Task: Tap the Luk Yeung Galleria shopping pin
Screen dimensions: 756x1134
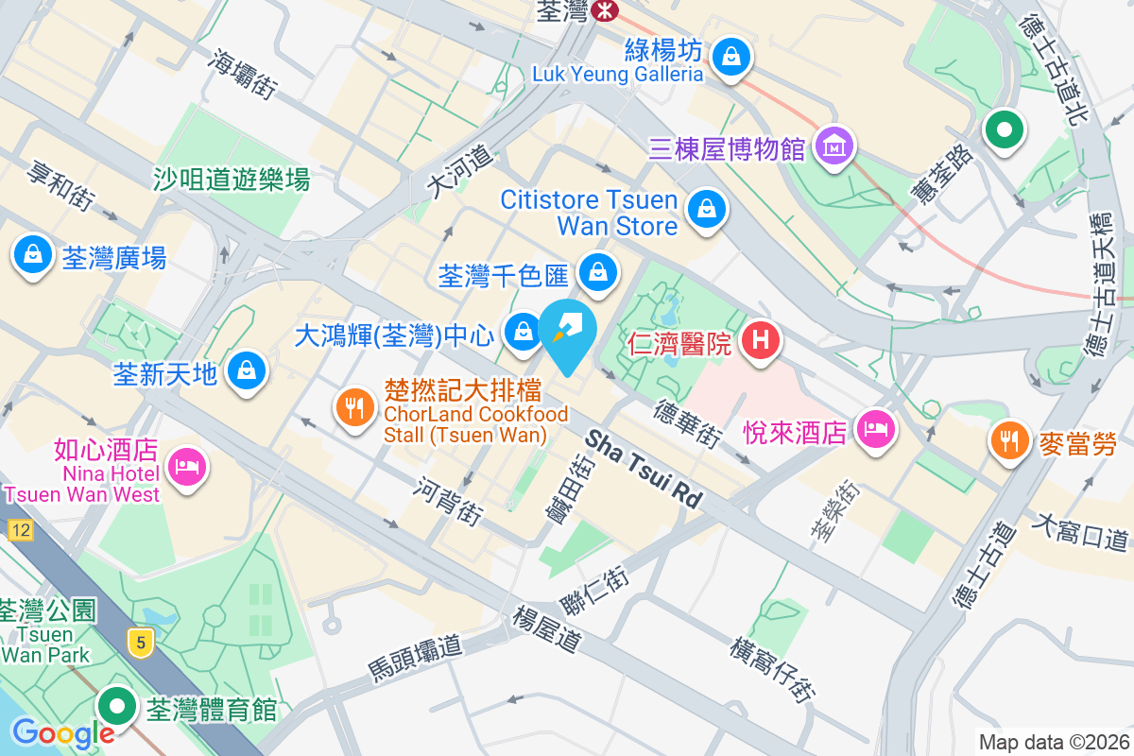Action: (730, 57)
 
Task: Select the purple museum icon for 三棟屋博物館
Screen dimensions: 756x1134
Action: (836, 146)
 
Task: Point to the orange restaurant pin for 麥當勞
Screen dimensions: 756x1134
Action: (1010, 439)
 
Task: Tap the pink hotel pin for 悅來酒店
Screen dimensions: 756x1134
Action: (874, 430)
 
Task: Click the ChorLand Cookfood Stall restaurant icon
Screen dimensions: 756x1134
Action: (354, 408)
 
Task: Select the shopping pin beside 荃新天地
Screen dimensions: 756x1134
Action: (247, 370)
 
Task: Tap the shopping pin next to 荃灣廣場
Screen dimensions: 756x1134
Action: (33, 254)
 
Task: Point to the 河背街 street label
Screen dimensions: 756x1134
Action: (449, 501)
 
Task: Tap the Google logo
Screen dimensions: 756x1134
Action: (62, 732)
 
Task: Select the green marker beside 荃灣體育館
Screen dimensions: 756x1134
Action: (118, 706)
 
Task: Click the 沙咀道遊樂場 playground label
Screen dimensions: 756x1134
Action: (232, 178)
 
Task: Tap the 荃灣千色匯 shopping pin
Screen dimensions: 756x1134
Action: (597, 272)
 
